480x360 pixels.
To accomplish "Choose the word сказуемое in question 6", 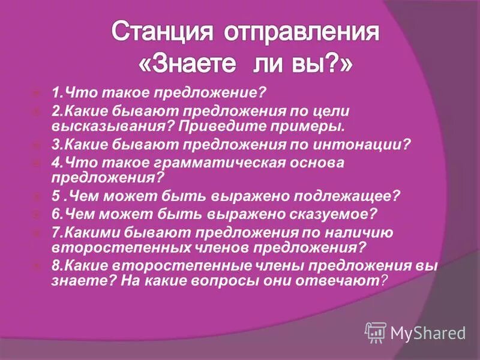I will (329, 214).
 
